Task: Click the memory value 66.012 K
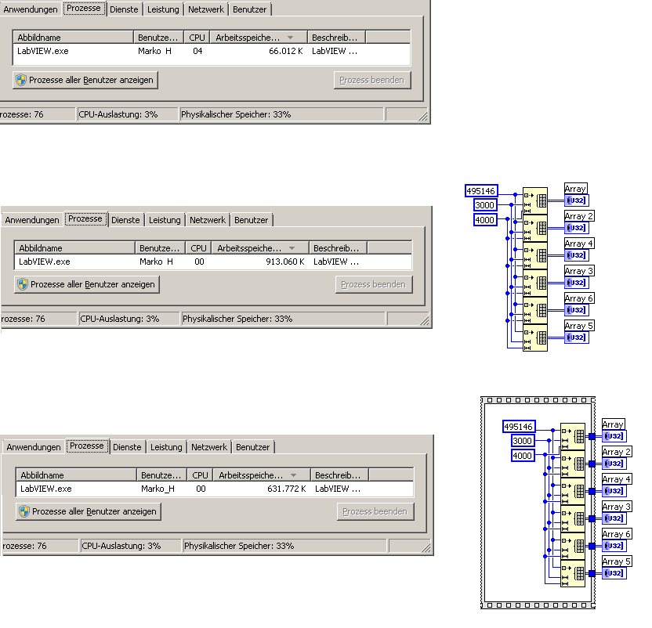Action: pyautogui.click(x=286, y=51)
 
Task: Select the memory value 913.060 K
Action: pyautogui.click(x=284, y=262)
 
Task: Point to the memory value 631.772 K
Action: pyautogui.click(x=287, y=489)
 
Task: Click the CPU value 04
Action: pyautogui.click(x=197, y=51)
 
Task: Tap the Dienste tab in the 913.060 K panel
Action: pyautogui.click(x=125, y=220)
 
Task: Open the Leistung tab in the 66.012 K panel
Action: pyautogui.click(x=163, y=9)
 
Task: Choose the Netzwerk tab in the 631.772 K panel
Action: pyautogui.click(x=209, y=447)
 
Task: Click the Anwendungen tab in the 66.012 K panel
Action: pyautogui.click(x=31, y=9)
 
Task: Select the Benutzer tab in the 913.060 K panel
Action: pyautogui.click(x=251, y=220)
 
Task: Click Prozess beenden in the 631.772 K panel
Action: pyautogui.click(x=375, y=511)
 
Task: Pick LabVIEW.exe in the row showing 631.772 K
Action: pyautogui.click(x=46, y=489)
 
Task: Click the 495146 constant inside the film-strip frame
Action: pyautogui.click(x=519, y=427)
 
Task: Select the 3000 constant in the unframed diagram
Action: pyautogui.click(x=485, y=205)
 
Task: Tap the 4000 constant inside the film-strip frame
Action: pyautogui.click(x=522, y=456)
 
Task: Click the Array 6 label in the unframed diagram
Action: pyautogui.click(x=579, y=298)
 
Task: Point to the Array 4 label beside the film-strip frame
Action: pyautogui.click(x=617, y=479)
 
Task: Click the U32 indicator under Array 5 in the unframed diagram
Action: pyautogui.click(x=576, y=337)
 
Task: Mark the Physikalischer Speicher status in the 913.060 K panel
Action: pyautogui.click(x=237, y=319)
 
